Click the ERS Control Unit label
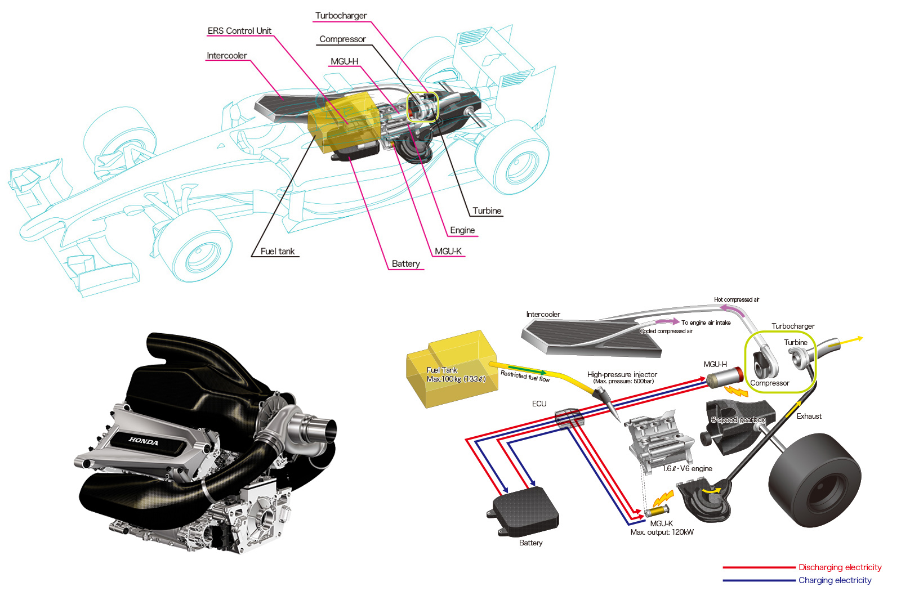tap(239, 31)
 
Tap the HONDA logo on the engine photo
tap(144, 441)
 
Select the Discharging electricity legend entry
tap(840, 567)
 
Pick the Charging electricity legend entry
tap(835, 580)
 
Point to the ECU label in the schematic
tap(539, 404)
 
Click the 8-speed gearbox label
tap(738, 420)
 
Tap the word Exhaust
tap(809, 417)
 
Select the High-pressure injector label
tap(622, 374)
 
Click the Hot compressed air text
tap(736, 299)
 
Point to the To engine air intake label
tap(706, 323)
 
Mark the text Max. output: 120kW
tap(662, 532)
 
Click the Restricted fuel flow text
tap(525, 376)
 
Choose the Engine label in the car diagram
tap(462, 230)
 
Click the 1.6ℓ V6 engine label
tap(687, 468)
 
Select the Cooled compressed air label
tap(666, 331)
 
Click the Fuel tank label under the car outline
tap(277, 252)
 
